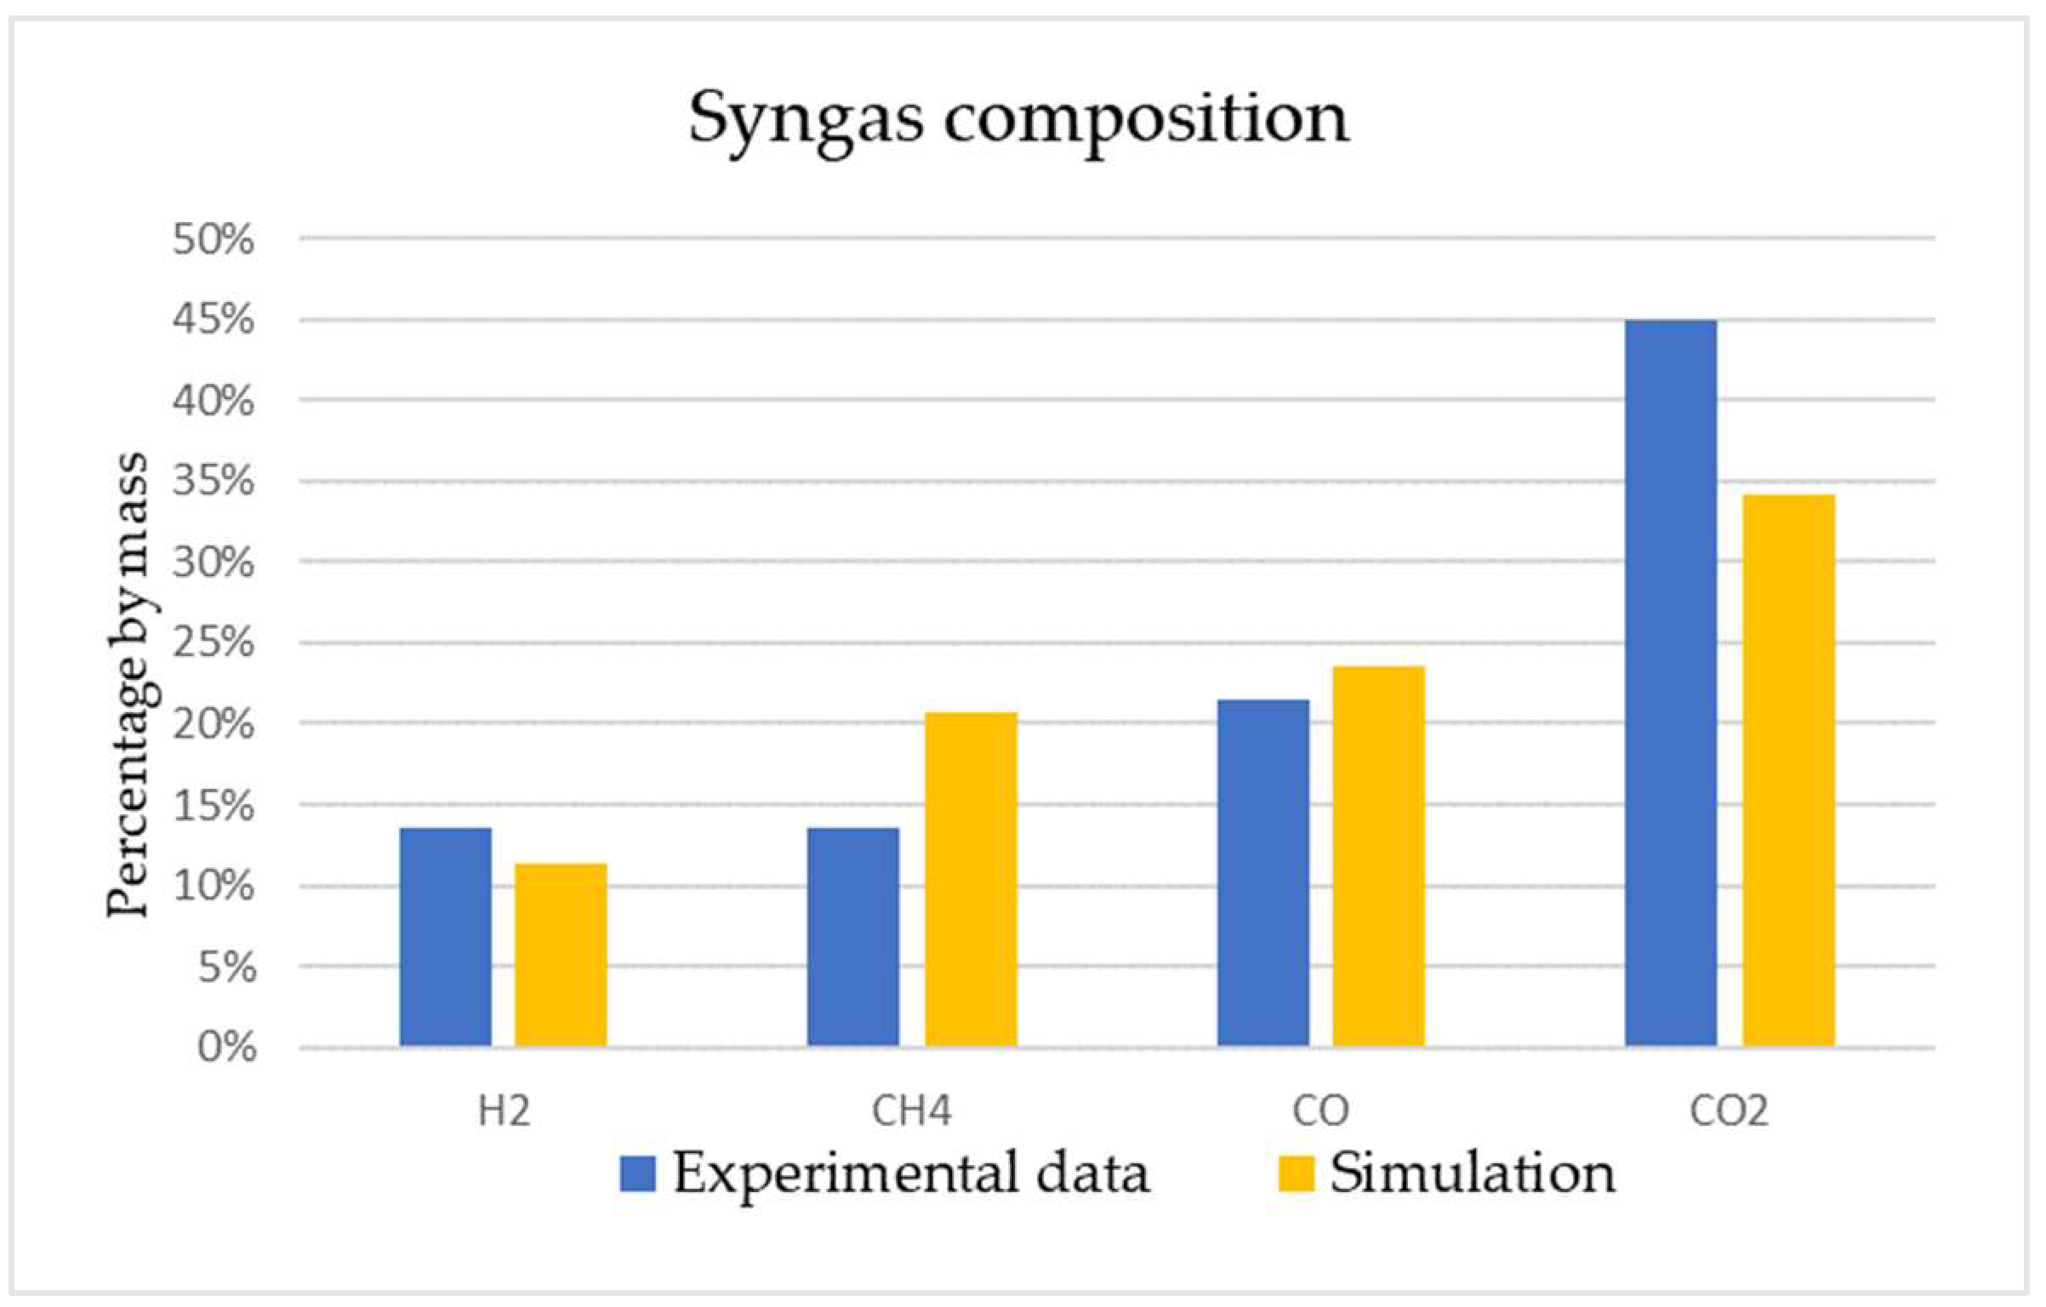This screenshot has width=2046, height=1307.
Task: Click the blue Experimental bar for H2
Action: point(445,937)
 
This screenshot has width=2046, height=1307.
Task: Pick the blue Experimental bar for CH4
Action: point(852,937)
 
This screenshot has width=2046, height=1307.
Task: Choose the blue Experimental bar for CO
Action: point(1262,872)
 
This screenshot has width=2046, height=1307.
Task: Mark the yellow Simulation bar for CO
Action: point(1378,856)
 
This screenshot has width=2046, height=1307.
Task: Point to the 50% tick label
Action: point(214,239)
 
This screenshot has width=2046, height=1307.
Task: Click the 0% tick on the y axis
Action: point(226,1047)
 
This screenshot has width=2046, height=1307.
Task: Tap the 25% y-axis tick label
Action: point(214,642)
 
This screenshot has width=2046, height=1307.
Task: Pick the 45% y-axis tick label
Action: point(214,320)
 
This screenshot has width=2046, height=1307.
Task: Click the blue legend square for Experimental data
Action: point(637,1173)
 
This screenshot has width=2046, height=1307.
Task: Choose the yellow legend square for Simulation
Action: point(1296,1173)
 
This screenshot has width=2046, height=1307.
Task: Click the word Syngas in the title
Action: point(805,119)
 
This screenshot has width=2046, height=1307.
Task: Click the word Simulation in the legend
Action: point(1473,1173)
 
